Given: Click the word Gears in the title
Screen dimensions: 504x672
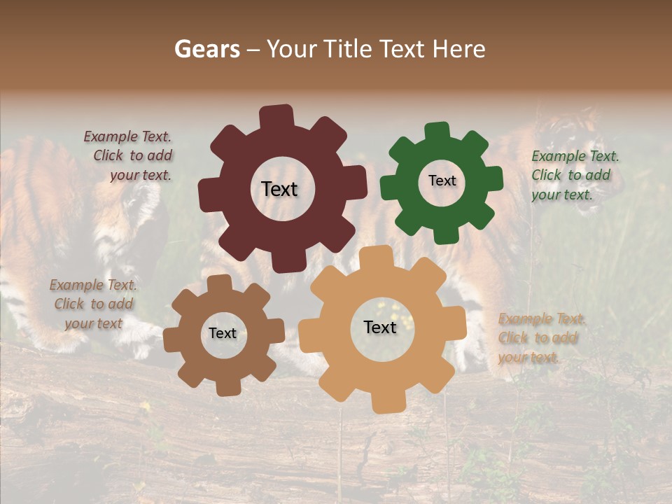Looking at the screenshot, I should (x=206, y=49).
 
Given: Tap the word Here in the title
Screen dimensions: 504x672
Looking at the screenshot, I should (x=458, y=49).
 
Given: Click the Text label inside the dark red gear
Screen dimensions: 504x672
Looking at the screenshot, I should (x=279, y=189).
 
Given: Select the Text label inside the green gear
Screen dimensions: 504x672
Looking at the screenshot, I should (x=442, y=181).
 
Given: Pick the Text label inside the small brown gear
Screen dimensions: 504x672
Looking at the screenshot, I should (x=223, y=334).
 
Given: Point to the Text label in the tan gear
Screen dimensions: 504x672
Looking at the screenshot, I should (x=380, y=327).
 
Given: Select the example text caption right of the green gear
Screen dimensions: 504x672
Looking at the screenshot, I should (x=574, y=175).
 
